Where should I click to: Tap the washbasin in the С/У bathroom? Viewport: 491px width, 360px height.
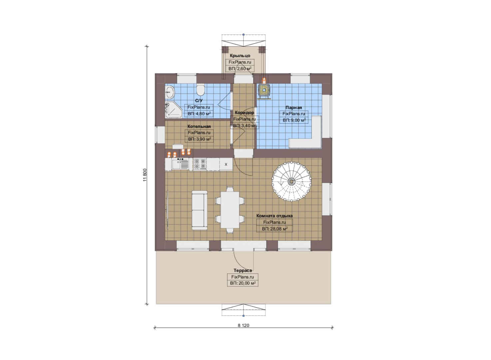(x=170, y=92)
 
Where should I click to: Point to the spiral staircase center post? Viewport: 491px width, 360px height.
(x=291, y=181)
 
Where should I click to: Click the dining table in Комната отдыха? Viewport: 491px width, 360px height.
(x=230, y=210)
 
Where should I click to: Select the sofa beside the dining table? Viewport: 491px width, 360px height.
(x=200, y=210)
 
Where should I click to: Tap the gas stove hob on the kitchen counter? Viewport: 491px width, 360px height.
(x=200, y=164)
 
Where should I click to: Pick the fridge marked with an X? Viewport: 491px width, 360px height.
(x=226, y=164)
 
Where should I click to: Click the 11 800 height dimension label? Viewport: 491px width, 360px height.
(x=145, y=175)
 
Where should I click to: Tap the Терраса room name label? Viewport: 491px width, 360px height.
(x=243, y=270)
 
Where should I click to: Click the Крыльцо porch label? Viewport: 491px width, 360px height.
(x=240, y=56)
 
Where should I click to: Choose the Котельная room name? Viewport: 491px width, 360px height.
(x=199, y=126)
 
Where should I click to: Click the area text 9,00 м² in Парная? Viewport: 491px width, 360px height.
(x=297, y=120)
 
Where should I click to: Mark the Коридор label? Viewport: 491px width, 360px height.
(x=245, y=113)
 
